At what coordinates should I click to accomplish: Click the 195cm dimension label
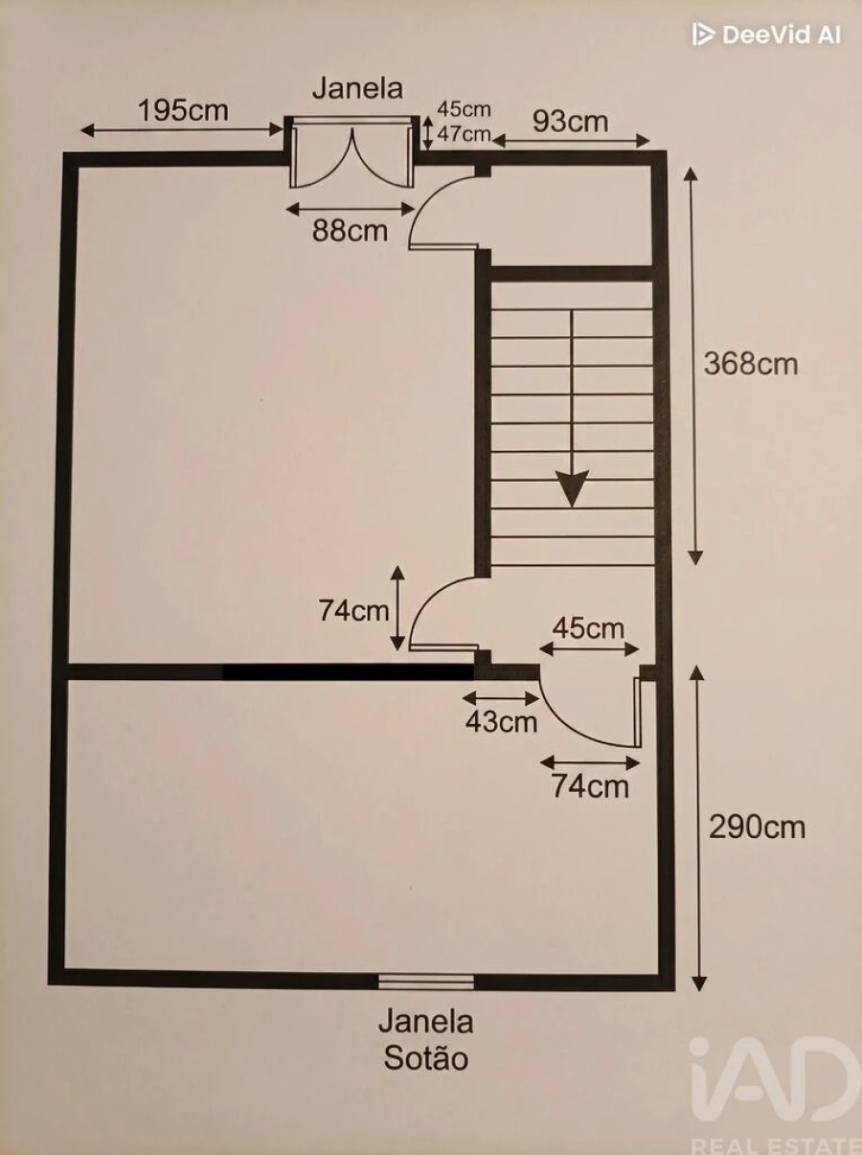[183, 111]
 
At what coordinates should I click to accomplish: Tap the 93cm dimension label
[571, 122]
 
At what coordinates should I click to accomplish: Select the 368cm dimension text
[751, 364]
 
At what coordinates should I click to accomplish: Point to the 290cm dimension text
[757, 827]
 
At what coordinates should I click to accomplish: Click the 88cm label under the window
[350, 231]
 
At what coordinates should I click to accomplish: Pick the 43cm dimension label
[502, 721]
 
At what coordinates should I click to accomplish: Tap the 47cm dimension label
[464, 134]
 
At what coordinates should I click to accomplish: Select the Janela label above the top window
[358, 88]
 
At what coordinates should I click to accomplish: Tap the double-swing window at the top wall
[352, 152]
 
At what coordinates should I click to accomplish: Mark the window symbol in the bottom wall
[426, 982]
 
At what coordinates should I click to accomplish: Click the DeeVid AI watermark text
[767, 34]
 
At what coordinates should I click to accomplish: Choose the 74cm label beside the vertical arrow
[353, 611]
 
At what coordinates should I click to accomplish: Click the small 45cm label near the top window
[464, 109]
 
